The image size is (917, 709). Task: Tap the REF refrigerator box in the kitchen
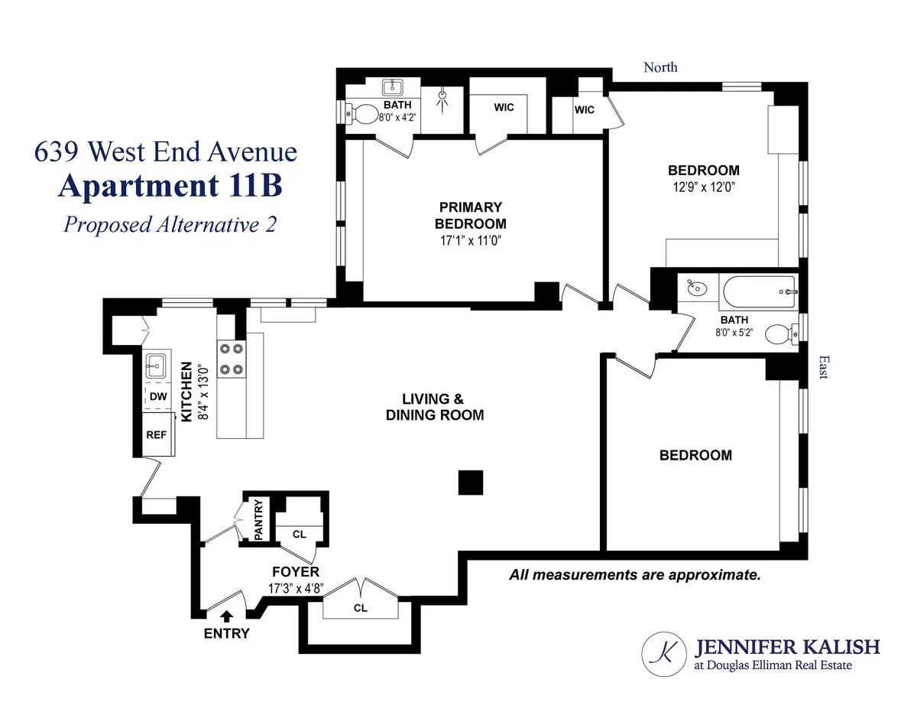(x=157, y=433)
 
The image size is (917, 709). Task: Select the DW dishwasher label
(x=158, y=396)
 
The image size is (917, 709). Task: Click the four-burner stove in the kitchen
(x=232, y=359)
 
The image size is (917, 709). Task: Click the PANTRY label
(x=258, y=520)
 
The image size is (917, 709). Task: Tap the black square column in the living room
(x=471, y=483)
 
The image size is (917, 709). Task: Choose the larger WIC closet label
(x=504, y=107)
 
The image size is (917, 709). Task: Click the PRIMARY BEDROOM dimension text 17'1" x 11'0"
(x=470, y=240)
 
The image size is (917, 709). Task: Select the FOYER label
(x=296, y=572)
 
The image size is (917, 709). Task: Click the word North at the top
(x=660, y=67)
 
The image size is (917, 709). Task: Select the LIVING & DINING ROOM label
(x=434, y=407)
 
